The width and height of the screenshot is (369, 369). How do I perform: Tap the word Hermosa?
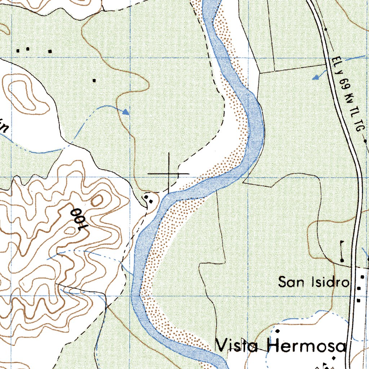(307, 346)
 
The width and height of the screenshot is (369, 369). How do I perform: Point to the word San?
(292, 282)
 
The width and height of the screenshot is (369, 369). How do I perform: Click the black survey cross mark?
(169, 174)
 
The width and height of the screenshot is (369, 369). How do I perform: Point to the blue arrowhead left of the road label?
(316, 77)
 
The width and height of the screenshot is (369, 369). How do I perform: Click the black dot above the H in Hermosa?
(278, 330)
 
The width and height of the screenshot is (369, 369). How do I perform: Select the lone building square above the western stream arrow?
(94, 80)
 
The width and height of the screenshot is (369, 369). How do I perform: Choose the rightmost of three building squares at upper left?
(50, 51)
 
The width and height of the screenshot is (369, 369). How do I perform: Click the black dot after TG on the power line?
(365, 141)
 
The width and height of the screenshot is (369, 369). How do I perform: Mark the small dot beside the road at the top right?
(325, 29)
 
